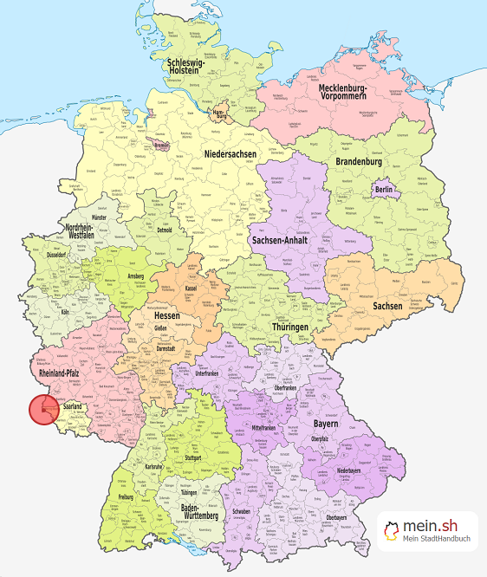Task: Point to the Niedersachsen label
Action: click(231, 153)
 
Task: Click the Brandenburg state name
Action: click(358, 161)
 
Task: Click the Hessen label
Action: click(167, 318)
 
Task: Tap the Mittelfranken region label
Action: click(269, 427)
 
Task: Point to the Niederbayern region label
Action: click(373, 471)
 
